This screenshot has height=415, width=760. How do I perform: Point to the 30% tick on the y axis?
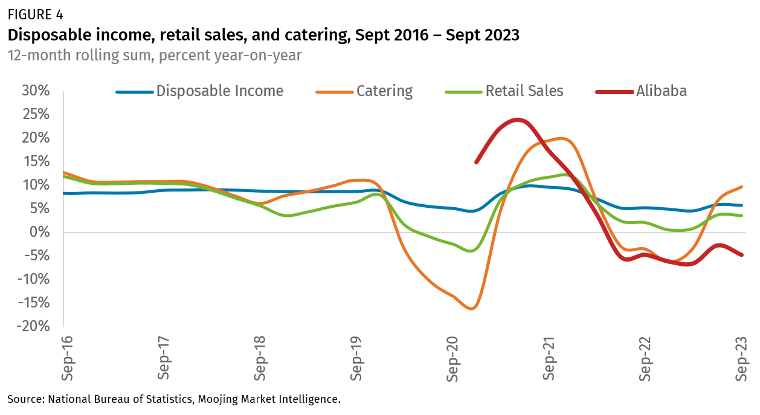36,91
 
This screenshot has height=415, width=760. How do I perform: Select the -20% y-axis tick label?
33,326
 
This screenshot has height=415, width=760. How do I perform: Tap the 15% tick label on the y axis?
36,162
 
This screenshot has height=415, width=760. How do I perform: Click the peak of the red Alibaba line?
518,120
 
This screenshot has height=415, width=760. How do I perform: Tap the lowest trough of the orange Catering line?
472,309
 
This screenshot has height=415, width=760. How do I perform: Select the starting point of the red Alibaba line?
476,162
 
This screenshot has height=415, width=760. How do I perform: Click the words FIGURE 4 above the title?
35,13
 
